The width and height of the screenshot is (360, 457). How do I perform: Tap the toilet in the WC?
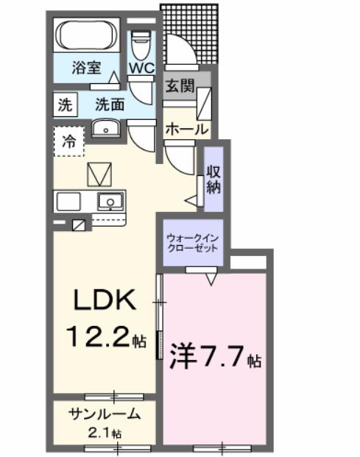click(x=140, y=45)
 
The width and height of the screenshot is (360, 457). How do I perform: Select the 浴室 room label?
click(x=87, y=68)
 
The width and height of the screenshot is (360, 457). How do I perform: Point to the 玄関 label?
click(x=180, y=85)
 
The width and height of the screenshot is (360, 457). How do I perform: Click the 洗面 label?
click(x=109, y=104)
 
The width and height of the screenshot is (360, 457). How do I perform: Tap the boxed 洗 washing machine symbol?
click(x=65, y=104)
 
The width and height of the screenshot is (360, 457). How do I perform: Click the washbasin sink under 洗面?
click(x=106, y=128)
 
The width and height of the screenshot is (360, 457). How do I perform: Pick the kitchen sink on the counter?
click(x=110, y=200)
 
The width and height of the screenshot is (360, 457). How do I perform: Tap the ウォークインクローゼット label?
click(x=192, y=243)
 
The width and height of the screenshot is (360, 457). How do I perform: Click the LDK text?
click(x=104, y=300)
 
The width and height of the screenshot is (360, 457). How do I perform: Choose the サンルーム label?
click(x=104, y=414)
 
